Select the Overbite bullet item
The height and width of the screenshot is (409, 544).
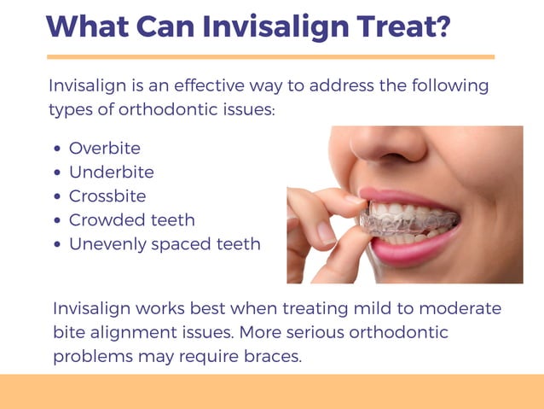(x=104, y=149)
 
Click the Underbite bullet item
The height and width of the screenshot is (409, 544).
(x=111, y=172)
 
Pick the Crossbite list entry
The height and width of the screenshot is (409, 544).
(x=107, y=196)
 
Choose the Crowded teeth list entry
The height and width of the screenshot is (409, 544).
(x=131, y=220)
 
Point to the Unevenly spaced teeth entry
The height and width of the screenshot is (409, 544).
(x=165, y=244)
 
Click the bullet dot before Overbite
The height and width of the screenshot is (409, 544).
(x=57, y=149)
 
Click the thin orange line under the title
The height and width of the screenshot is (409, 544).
(x=270, y=57)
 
